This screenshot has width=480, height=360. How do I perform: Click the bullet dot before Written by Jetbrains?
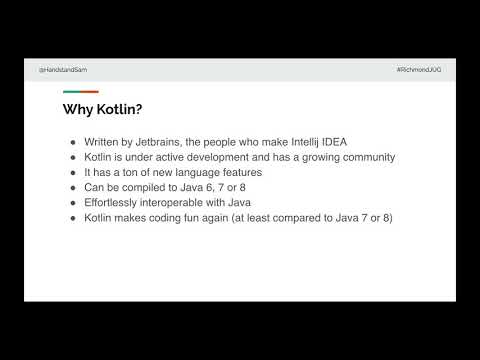(72, 143)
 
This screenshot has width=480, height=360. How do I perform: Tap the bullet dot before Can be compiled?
(72, 187)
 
